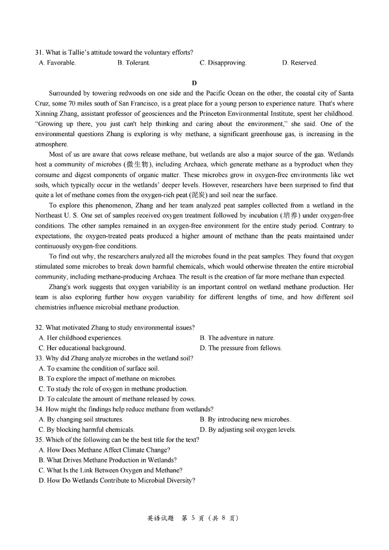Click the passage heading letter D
[194, 83]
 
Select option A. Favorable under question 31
[57, 63]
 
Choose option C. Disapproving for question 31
[223, 63]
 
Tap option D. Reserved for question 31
[300, 63]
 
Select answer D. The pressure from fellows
[241, 348]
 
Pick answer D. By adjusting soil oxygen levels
[248, 430]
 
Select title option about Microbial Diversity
[117, 480]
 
